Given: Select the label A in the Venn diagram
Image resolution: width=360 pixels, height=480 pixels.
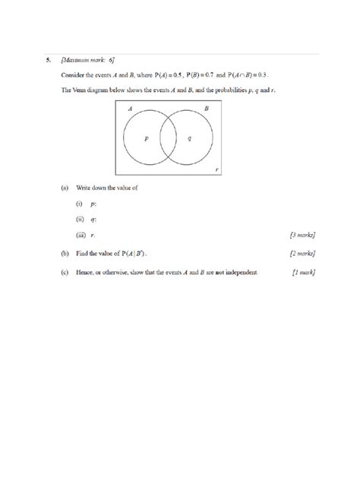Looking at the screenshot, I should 130,109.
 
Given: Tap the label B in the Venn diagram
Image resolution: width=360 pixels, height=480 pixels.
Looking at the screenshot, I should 206,109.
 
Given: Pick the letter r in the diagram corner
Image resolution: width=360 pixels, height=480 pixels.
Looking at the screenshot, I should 218,169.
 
